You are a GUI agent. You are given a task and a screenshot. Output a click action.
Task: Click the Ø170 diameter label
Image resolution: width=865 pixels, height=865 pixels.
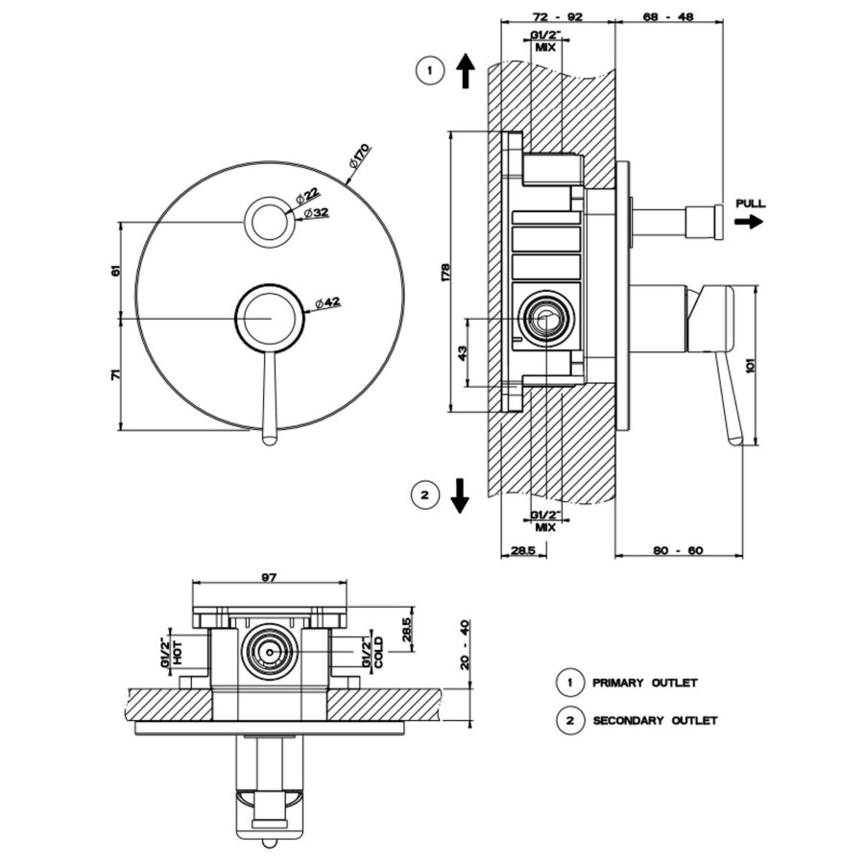click(x=360, y=156)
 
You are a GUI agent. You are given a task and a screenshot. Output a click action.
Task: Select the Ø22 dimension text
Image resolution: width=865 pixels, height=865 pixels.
click(x=308, y=196)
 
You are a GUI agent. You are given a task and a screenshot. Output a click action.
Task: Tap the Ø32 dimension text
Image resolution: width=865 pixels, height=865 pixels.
click(x=316, y=213)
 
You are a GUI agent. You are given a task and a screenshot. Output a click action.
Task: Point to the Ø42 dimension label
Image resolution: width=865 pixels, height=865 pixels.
click(x=328, y=302)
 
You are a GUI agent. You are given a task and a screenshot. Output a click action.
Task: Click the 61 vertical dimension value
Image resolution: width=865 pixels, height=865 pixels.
click(x=115, y=271)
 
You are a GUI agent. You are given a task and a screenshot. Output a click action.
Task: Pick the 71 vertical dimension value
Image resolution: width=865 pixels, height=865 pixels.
click(x=115, y=374)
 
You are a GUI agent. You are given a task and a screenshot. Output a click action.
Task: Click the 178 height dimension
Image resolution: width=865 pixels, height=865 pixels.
click(x=445, y=273)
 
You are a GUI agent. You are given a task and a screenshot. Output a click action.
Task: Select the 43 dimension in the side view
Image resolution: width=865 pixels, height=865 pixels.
click(x=463, y=351)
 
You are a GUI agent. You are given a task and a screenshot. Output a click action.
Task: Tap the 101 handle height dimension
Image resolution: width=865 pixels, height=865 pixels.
click(x=750, y=364)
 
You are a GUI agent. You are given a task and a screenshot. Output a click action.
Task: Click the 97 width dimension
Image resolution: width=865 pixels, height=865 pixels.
click(x=269, y=578)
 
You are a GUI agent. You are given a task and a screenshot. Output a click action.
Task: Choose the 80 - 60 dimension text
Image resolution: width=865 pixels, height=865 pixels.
click(x=678, y=550)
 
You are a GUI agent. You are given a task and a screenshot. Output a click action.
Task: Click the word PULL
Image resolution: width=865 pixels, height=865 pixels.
click(x=751, y=204)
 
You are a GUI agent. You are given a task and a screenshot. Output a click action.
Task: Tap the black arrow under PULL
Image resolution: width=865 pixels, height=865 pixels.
click(x=749, y=222)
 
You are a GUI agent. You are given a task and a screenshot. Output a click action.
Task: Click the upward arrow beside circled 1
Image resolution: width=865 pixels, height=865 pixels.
click(x=467, y=71)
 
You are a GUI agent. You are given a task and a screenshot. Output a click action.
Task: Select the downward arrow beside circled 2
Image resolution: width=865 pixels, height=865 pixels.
click(x=459, y=496)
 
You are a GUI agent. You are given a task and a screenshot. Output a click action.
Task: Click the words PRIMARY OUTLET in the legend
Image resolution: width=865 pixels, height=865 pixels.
click(x=645, y=683)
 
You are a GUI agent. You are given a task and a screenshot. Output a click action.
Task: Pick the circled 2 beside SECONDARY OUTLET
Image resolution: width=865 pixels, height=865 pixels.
click(x=570, y=720)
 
